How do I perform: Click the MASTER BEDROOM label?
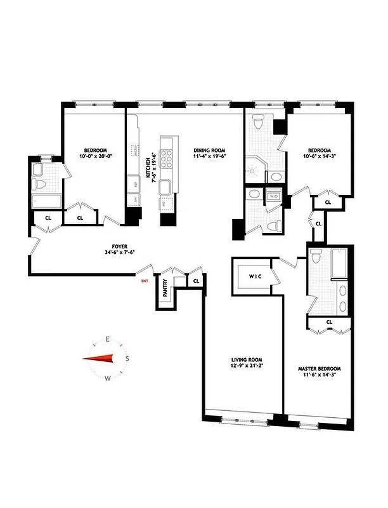click(x=320, y=368)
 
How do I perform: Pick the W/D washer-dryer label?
click(x=274, y=196)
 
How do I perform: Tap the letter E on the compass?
click(x=108, y=339)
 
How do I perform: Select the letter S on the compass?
click(x=127, y=359)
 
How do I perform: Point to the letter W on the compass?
click(x=108, y=379)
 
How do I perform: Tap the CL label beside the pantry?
click(x=196, y=280)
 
